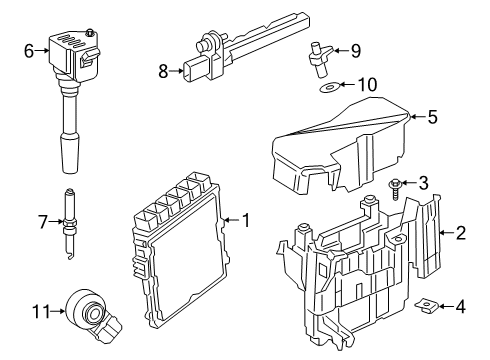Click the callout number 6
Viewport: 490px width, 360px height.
(x=29, y=51)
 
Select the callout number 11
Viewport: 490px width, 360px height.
(x=41, y=311)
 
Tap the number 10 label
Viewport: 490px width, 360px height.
(x=367, y=85)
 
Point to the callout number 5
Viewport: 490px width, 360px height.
(x=433, y=117)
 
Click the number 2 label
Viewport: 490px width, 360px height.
(x=460, y=233)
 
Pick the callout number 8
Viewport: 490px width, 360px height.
(x=163, y=71)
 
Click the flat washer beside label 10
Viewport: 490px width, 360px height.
(x=329, y=88)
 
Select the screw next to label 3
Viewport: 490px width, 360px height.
(x=395, y=189)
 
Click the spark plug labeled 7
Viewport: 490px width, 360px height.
(x=70, y=223)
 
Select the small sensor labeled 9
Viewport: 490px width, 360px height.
(x=320, y=59)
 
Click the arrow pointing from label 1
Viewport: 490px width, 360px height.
(x=231, y=220)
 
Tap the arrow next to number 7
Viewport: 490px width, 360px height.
(x=55, y=221)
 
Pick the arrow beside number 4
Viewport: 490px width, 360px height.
(x=446, y=306)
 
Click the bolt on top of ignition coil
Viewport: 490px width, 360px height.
(x=89, y=32)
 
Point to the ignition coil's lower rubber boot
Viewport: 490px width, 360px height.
(x=70, y=153)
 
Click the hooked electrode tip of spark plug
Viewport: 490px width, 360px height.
(x=70, y=256)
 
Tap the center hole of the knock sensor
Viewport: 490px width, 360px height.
(x=95, y=314)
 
